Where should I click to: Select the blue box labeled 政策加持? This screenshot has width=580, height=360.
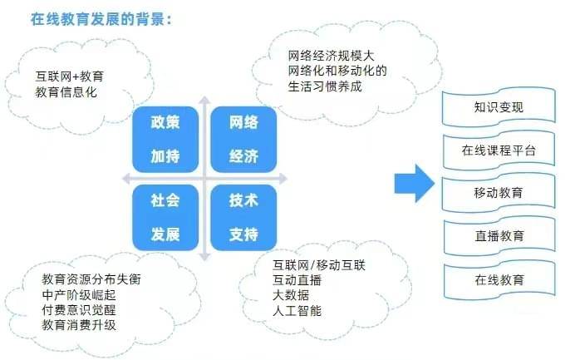[x=165, y=139]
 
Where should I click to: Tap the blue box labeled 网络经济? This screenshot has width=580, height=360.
[x=243, y=139]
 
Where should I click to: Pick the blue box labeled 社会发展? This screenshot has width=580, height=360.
[x=165, y=217]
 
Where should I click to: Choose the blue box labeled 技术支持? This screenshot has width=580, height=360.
[x=243, y=217]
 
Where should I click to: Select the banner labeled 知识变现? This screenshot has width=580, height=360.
[x=499, y=108]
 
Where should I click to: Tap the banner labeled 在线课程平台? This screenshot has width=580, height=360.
[x=499, y=150]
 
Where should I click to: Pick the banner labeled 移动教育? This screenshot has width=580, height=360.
[x=499, y=193]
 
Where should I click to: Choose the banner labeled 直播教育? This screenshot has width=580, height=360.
[x=499, y=236]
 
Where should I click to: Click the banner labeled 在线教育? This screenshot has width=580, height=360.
[x=499, y=279]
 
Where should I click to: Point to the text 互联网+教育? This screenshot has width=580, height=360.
[x=71, y=76]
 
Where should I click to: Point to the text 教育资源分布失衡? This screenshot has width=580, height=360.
[x=91, y=279]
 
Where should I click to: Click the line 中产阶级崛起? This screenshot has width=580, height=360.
[x=79, y=294]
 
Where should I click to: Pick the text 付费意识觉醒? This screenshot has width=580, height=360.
[x=79, y=309]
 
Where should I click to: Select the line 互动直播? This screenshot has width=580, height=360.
[x=297, y=280]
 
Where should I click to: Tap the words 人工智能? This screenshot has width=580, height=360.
[x=297, y=310]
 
